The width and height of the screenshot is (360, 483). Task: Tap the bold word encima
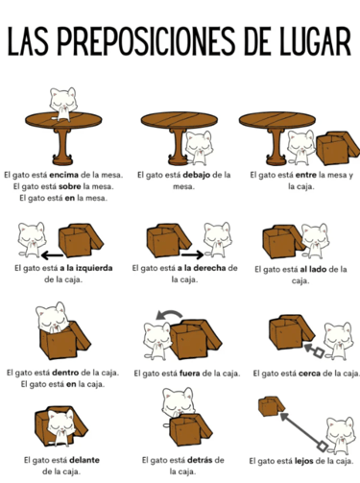click(64, 175)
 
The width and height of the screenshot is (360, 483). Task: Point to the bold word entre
click(306, 175)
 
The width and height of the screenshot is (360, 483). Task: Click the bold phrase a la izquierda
click(86, 268)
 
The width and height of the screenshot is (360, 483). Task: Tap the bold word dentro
click(65, 373)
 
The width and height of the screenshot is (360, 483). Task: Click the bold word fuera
click(190, 374)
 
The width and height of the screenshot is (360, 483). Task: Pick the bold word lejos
click(303, 461)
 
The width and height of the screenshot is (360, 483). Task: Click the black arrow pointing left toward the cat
click(52, 255)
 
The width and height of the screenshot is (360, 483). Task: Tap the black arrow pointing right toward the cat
click(192, 255)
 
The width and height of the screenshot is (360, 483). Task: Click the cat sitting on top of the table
click(63, 104)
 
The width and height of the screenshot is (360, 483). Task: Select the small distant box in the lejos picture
click(271, 406)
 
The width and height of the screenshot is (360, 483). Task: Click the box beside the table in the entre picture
click(337, 148)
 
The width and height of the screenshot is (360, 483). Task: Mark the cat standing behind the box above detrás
click(178, 402)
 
